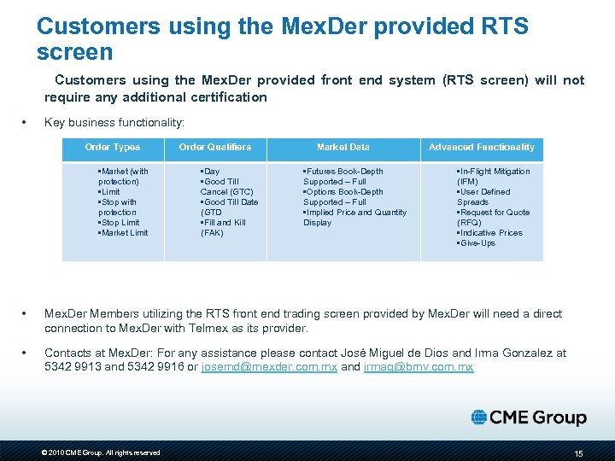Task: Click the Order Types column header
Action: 113,148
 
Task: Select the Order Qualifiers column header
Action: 215,148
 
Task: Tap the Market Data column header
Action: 343,148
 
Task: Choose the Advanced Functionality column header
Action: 481,148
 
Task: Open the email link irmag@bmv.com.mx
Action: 419,367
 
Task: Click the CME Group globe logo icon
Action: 479,417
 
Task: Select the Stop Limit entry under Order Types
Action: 120,223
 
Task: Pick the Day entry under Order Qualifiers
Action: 210,172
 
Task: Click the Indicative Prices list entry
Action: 490,233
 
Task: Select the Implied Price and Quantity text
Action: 356,213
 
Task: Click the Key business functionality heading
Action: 114,123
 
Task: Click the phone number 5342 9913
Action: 71,367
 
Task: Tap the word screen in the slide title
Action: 74,52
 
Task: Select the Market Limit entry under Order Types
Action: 124,233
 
